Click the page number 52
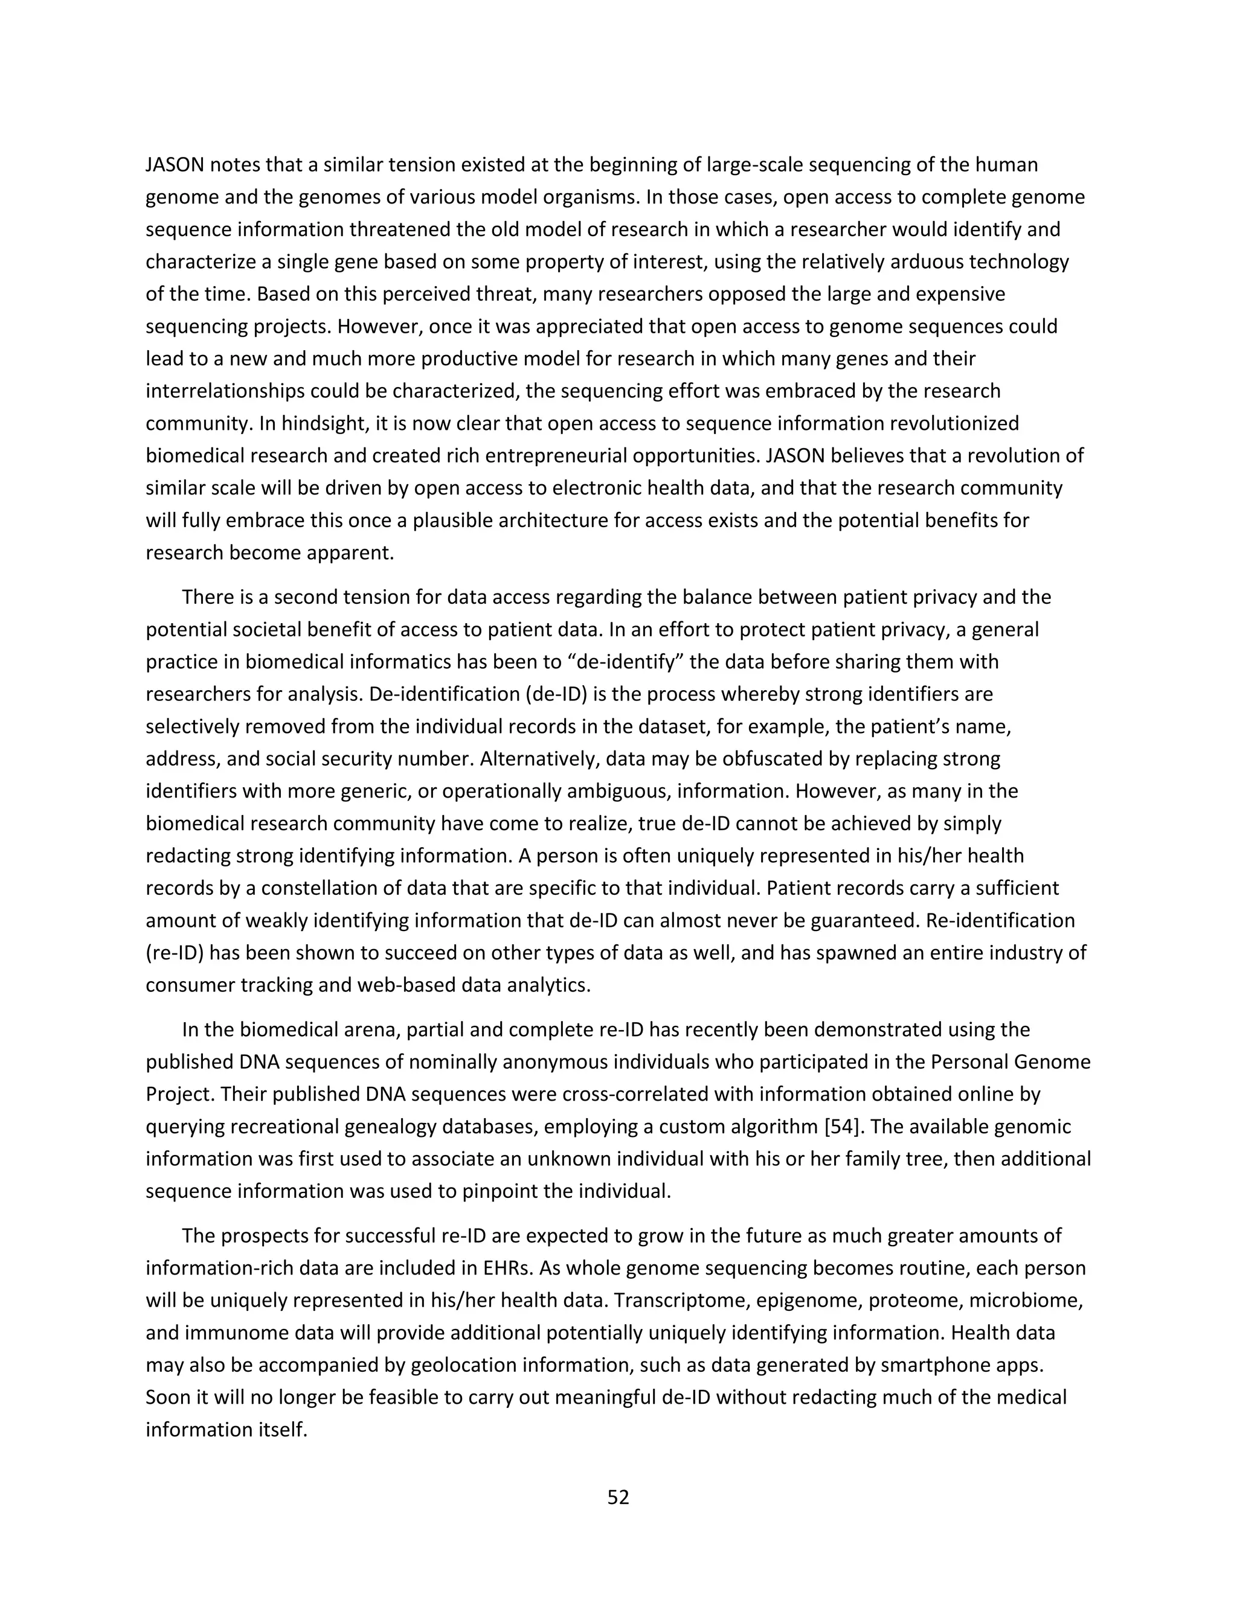618,1497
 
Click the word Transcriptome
680,1301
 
